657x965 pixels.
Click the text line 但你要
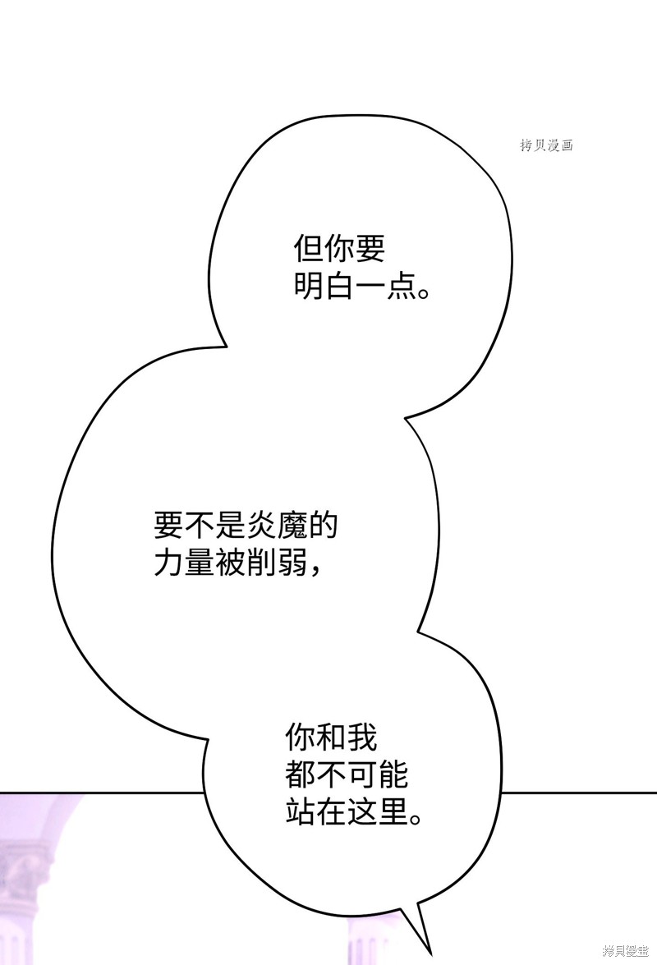pos(339,249)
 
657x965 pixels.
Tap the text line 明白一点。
pos(361,286)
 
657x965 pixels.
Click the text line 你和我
pos(332,737)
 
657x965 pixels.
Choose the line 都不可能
pos(347,774)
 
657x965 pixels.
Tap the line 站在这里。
pos(355,811)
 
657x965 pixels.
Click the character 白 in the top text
pos(339,286)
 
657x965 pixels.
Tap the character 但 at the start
pos(308,249)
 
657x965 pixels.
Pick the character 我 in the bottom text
pos(362,737)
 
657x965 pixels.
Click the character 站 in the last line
pos(301,811)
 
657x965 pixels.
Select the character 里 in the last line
pos(393,811)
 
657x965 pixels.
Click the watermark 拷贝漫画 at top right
pos(546,145)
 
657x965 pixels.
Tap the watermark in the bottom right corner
pos(625,952)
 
